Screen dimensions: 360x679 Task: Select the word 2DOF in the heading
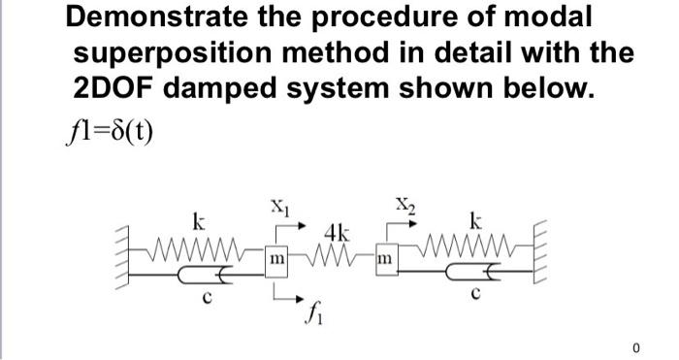[115, 88]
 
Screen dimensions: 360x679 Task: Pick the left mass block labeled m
[276, 261]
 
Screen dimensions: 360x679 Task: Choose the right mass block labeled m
[385, 260]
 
